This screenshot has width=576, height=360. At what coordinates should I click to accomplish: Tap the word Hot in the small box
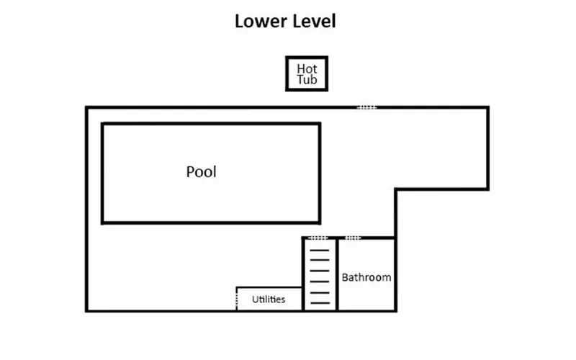point(307,68)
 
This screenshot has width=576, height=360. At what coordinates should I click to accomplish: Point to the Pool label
point(202,172)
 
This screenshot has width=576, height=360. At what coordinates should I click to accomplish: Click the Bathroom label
point(366,277)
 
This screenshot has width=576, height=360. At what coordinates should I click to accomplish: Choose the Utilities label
point(269,300)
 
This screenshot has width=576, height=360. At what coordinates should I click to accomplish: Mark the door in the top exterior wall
point(366,108)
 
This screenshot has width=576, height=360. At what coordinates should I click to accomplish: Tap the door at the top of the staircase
point(318,238)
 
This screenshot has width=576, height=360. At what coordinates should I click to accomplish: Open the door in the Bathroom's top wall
point(353,238)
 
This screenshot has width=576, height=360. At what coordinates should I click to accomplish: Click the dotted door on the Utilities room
point(237,300)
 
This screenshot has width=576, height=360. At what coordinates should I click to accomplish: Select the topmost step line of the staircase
point(320,251)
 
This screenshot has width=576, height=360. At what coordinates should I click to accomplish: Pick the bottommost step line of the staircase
point(320,303)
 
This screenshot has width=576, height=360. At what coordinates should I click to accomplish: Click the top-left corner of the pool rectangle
point(102,124)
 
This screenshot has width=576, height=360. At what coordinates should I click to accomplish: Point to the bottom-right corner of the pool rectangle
point(320,222)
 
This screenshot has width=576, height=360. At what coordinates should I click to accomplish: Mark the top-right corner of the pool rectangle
point(320,124)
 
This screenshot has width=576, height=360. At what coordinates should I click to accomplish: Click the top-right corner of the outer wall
point(488,108)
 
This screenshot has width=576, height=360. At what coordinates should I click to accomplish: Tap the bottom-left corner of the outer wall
point(86,310)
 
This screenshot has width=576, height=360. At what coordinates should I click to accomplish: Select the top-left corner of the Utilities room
point(237,287)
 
